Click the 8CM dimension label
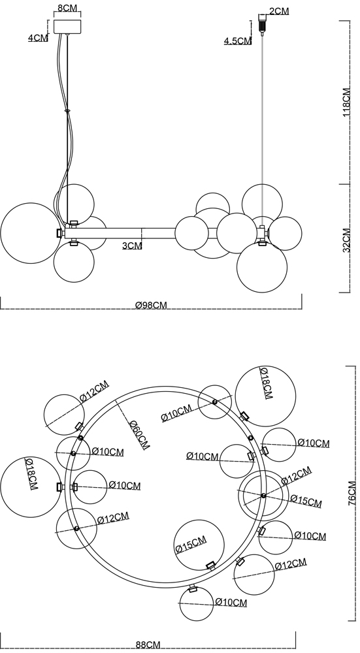67,8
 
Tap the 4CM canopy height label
38,38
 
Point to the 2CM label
279,11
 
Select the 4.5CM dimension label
238,40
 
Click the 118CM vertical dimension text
347,103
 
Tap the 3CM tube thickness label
132,246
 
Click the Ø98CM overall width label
151,305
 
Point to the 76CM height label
352,493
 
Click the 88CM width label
148,645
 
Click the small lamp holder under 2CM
262,25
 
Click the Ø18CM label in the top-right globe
267,383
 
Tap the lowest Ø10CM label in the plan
231,602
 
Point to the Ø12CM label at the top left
95,391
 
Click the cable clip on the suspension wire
67,111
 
